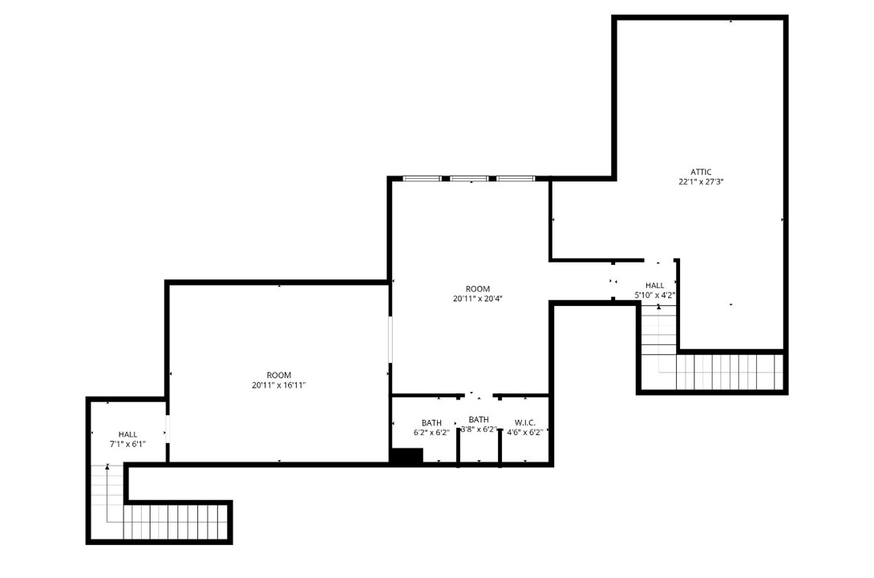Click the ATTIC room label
click(701, 172)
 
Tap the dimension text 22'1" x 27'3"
click(701, 182)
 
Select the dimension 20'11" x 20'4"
click(477, 299)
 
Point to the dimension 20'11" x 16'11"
click(279, 385)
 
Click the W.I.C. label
click(525, 422)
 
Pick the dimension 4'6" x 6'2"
click(525, 433)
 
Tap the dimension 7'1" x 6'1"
click(127, 444)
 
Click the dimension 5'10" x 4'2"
click(654, 295)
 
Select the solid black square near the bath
click(406, 456)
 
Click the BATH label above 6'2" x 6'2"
click(431, 423)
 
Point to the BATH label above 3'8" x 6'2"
click(479, 419)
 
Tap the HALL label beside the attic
click(654, 285)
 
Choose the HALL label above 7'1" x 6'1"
click(127, 434)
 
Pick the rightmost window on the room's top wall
click(516, 177)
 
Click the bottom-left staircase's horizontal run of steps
click(176, 522)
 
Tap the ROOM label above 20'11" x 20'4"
click(477, 289)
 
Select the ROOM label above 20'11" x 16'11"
click(279, 375)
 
